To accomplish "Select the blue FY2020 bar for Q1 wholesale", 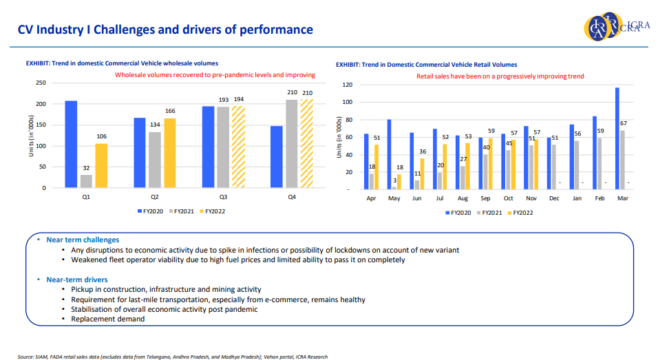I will coord(71,144).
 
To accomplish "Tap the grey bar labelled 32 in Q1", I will coord(86,180).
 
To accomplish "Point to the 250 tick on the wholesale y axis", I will coord(41,83).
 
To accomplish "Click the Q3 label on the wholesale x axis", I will coord(224,198).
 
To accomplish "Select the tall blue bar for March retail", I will coord(617,138).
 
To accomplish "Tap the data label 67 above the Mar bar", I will coord(622,124).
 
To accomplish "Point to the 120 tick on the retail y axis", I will coord(347,85).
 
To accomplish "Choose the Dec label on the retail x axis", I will coord(553,198).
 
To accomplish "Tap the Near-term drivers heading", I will coord(76,279).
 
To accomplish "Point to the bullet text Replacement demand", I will coord(108,319).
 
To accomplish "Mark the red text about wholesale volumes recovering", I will coord(215,74).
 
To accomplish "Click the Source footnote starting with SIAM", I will coord(172,357).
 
